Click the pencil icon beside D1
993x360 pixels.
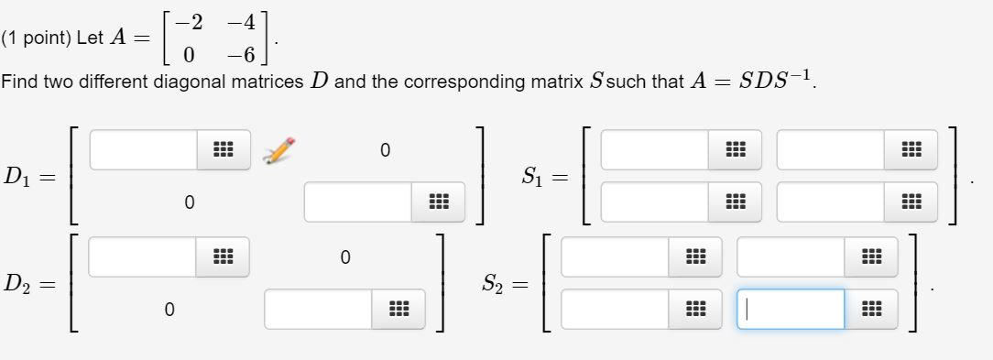278,149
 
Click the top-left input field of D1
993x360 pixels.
143,149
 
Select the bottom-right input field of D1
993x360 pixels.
358,202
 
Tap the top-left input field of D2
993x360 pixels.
142,256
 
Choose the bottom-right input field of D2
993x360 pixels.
318,309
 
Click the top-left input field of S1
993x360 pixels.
654,149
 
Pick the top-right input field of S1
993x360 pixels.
830,149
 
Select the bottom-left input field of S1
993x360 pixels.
654,202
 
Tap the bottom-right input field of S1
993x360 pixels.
830,202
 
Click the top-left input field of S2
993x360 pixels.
615,256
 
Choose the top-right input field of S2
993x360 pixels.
790,256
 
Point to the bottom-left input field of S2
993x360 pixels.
615,309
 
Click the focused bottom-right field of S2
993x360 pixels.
790,309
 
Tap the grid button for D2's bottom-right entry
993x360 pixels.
395,309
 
